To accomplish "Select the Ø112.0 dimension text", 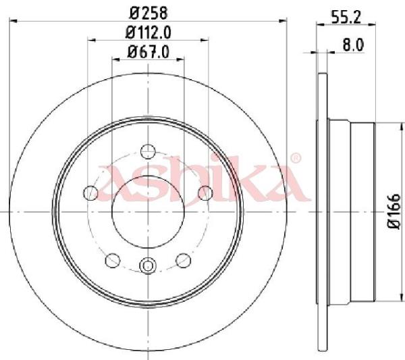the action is pos(148,33).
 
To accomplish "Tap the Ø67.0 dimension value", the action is pos(148,52).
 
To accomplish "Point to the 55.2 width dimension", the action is pos(346,18).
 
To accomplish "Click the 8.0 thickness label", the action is pos(353,45).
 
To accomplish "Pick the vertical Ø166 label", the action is pos(394,211).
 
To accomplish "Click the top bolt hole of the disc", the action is pos(148,151).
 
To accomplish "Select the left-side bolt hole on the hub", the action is pos(90,192).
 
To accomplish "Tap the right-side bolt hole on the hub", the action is pos(205,192).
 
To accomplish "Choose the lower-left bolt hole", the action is pos(113,260).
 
